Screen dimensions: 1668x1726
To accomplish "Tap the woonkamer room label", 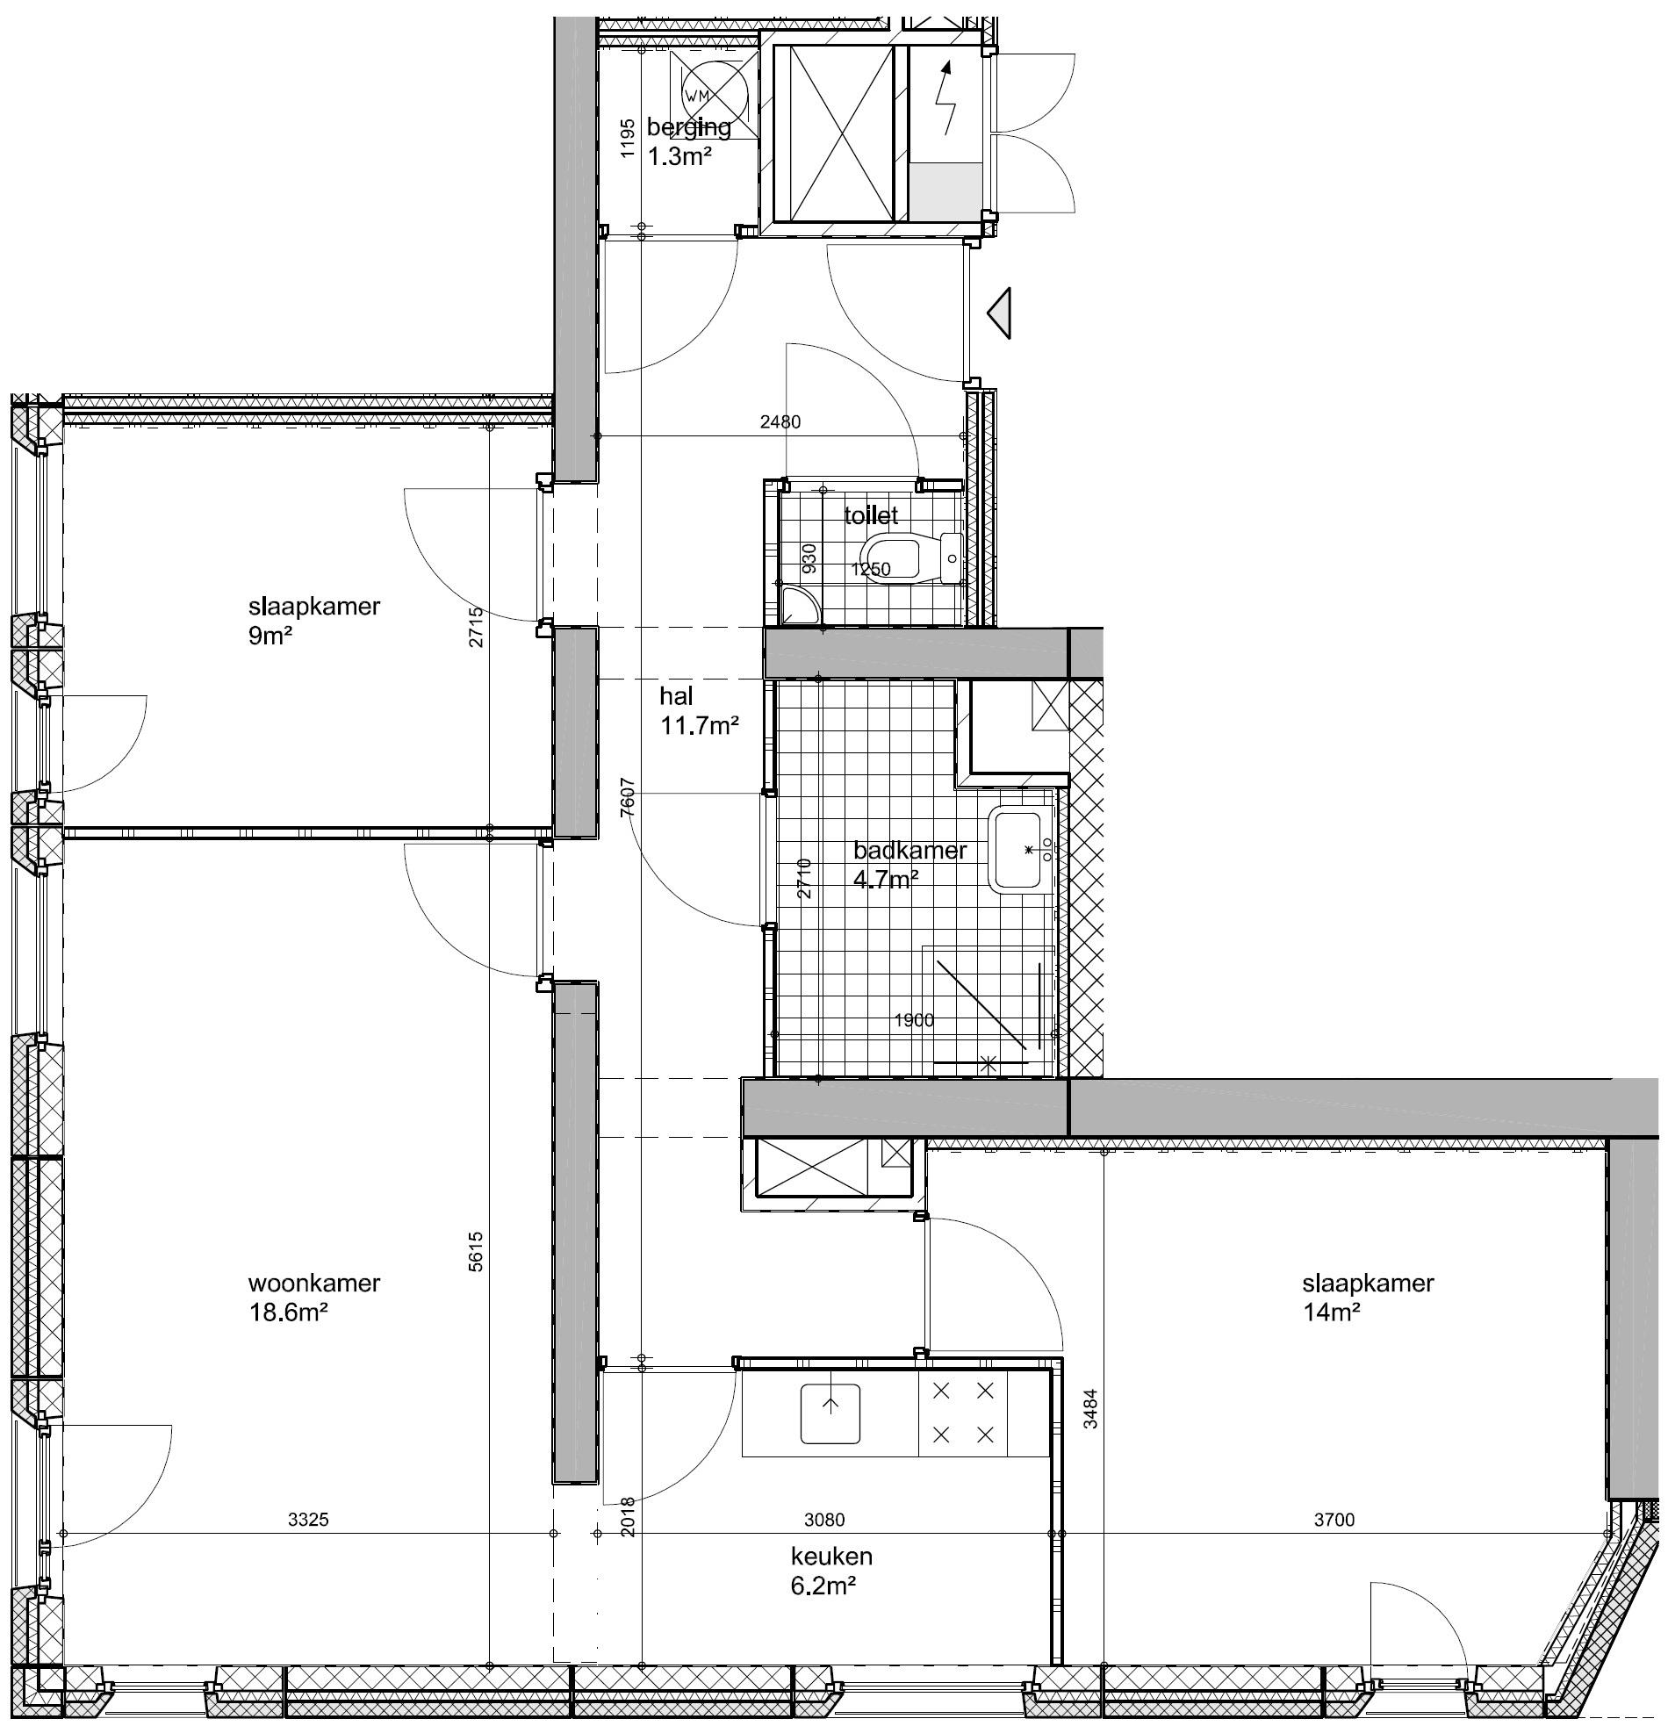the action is pyautogui.click(x=313, y=1282).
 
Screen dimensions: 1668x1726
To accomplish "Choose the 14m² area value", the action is pyautogui.click(x=1331, y=1312).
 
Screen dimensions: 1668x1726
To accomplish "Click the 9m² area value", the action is pyautogui.click(x=270, y=635).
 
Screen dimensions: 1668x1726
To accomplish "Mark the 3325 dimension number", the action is pyautogui.click(x=308, y=1519).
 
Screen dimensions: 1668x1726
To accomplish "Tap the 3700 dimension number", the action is pyautogui.click(x=1334, y=1519).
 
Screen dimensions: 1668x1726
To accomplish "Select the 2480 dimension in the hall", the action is pyautogui.click(x=780, y=421).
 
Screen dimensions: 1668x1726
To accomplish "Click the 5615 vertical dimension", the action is pyautogui.click(x=476, y=1250).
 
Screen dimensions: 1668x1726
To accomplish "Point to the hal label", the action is pyautogui.click(x=676, y=695).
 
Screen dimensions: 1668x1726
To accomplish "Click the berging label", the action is pyautogui.click(x=688, y=126).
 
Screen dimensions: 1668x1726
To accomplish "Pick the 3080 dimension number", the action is pyautogui.click(x=824, y=1519).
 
